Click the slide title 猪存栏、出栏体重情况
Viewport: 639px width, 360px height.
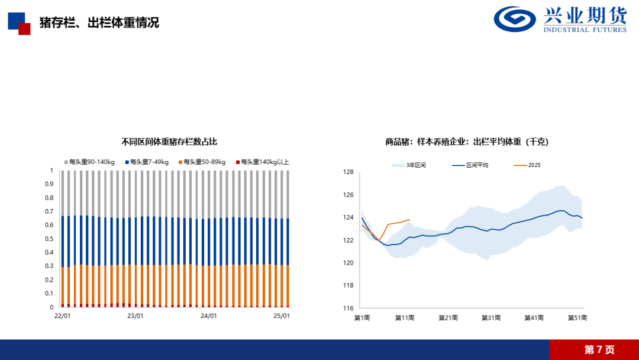click(99, 23)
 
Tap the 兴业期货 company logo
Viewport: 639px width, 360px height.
click(560, 20)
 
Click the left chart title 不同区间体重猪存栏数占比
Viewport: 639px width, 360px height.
click(169, 142)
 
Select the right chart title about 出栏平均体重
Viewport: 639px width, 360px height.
click(467, 142)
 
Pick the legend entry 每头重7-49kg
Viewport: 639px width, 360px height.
click(147, 162)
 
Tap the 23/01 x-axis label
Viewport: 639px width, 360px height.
click(135, 316)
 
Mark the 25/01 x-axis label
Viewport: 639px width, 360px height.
click(282, 316)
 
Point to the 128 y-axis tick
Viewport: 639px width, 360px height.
click(348, 172)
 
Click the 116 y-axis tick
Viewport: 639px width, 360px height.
click(348, 308)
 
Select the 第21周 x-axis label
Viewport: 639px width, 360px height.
click(448, 318)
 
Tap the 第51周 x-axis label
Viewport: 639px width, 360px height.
click(577, 318)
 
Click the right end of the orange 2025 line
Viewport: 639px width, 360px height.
click(409, 220)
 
